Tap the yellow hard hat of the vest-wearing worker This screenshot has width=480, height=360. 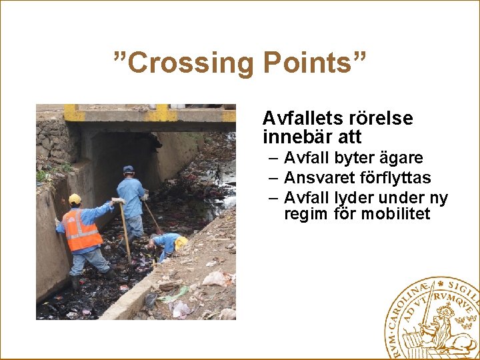(x=75, y=199)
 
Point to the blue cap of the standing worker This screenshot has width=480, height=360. (x=129, y=169)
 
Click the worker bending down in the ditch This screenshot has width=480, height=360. (x=167, y=245)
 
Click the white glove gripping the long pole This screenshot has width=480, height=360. (x=118, y=201)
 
